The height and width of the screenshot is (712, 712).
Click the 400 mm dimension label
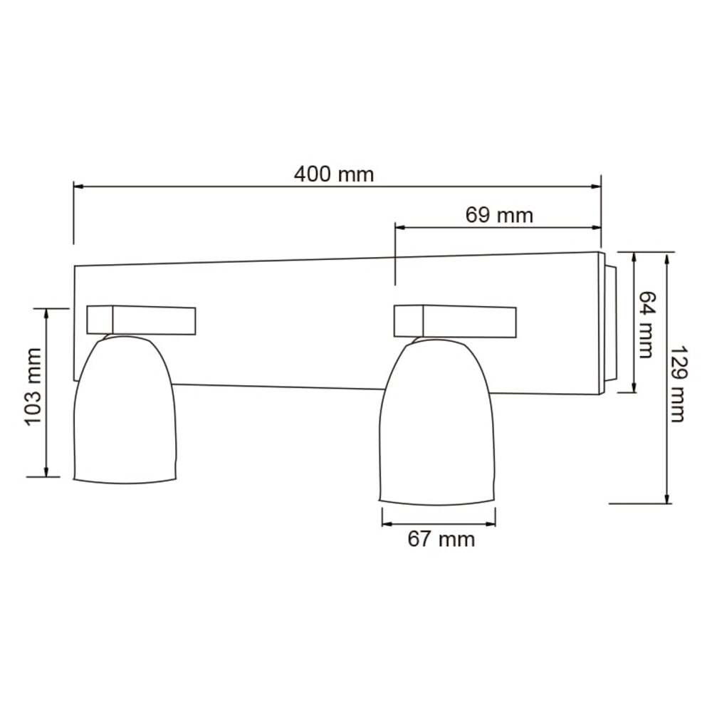click(x=333, y=174)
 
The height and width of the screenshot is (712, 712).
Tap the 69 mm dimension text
click(x=498, y=214)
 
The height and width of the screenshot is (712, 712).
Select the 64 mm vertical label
click(x=646, y=324)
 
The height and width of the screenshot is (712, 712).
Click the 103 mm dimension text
click(x=33, y=387)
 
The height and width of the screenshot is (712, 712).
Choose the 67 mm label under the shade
click(x=441, y=539)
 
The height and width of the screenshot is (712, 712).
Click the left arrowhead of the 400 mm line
click(x=79, y=187)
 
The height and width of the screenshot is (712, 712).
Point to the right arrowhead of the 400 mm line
click(x=596, y=187)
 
